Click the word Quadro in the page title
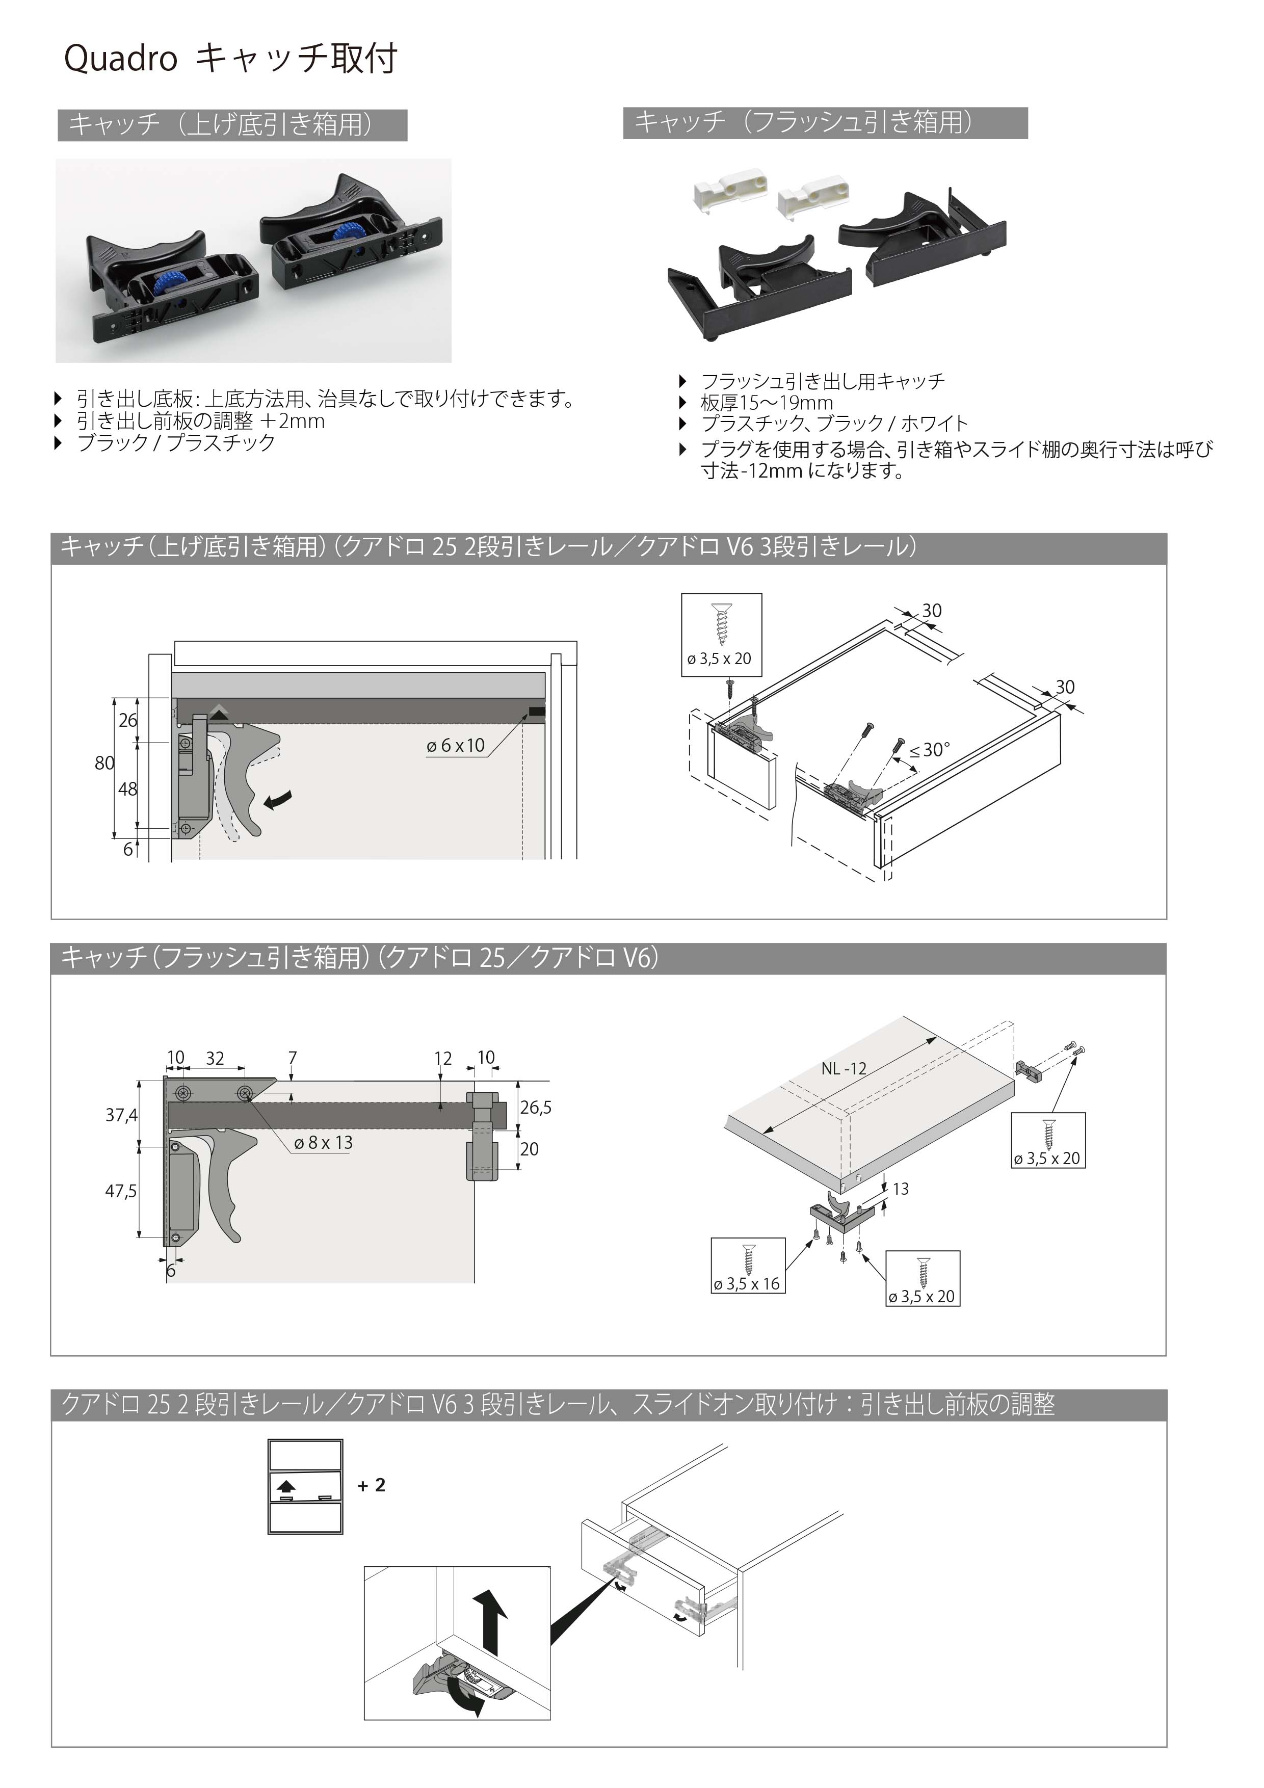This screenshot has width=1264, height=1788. [121, 59]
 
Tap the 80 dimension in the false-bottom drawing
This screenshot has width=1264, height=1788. [104, 763]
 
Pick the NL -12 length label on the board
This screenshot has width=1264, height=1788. [844, 1068]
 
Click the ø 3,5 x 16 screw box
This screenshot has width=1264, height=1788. [748, 1265]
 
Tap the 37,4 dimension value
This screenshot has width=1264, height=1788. [121, 1115]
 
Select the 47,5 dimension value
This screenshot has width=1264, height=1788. [121, 1191]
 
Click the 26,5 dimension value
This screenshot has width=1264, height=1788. [536, 1108]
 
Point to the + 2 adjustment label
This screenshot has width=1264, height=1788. [372, 1485]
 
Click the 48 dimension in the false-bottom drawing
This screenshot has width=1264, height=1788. [128, 789]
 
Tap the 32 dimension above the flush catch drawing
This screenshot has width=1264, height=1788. [215, 1058]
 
